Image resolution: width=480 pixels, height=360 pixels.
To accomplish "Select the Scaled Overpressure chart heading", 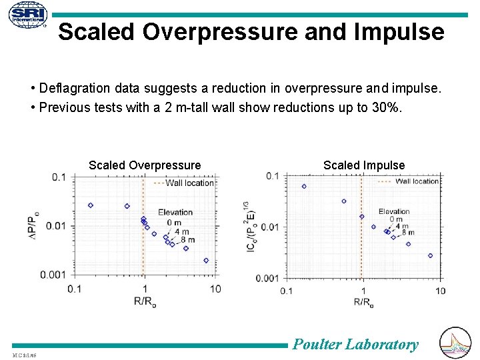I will click(x=145, y=165).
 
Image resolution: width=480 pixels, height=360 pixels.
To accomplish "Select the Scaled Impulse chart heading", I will click(x=364, y=165).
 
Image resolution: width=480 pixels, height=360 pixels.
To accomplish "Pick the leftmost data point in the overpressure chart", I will click(x=91, y=205).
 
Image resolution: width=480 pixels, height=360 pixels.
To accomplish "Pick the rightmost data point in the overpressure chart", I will click(x=206, y=261).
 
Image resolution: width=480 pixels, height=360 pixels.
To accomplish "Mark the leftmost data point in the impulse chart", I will click(x=304, y=187).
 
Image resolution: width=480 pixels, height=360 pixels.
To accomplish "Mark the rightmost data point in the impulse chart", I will click(x=430, y=255).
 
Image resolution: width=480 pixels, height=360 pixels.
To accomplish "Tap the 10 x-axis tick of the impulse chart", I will click(x=440, y=291).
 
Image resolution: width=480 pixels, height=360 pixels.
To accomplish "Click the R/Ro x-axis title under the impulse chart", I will click(x=363, y=303).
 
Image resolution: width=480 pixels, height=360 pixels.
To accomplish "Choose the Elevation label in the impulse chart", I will click(x=394, y=212).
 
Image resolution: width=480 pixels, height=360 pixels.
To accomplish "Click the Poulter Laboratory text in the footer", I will click(x=355, y=345).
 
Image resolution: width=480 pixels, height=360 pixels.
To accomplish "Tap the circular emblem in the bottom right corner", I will click(x=457, y=343).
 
